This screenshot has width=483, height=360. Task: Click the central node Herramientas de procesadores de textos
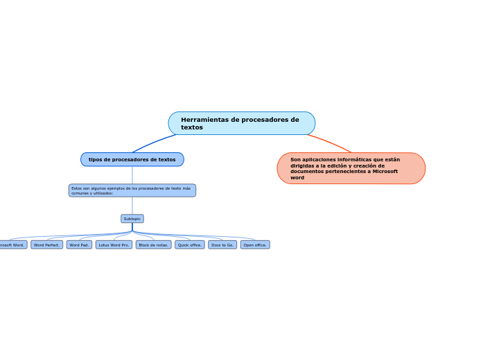(241, 123)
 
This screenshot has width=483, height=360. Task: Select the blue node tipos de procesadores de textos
(132, 159)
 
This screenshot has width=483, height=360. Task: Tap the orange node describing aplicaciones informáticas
(351, 168)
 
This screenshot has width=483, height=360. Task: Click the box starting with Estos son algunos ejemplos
(132, 190)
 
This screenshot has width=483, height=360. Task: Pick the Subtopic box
(132, 219)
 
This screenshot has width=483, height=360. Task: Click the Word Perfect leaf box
(47, 245)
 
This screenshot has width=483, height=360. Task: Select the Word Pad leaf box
(79, 245)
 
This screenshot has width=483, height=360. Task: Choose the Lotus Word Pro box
(114, 245)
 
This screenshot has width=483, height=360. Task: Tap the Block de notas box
(153, 245)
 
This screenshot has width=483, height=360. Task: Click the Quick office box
(189, 245)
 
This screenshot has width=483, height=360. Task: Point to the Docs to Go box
(222, 245)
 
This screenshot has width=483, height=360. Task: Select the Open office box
(255, 245)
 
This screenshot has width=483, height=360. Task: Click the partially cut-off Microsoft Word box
(12, 245)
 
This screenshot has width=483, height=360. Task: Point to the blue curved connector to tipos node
(152, 143)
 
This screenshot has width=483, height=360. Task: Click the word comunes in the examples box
(81, 193)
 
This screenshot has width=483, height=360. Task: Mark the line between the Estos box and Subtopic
(132, 206)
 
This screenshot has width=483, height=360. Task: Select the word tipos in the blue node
(95, 160)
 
